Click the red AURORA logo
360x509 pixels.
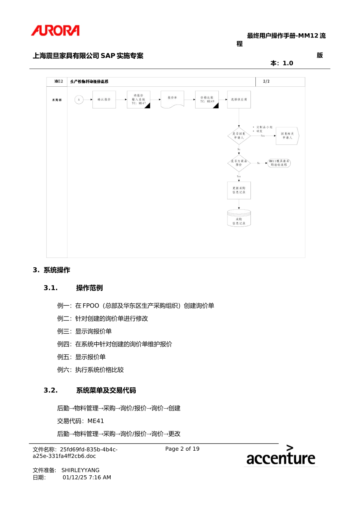(x=55, y=31)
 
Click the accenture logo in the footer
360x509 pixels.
(x=280, y=456)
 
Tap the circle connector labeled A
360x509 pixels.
(x=79, y=100)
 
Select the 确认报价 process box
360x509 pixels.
(x=104, y=100)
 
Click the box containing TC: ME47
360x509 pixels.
(x=139, y=100)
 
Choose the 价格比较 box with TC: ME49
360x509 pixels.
(x=207, y=100)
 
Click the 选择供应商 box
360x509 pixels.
(x=239, y=100)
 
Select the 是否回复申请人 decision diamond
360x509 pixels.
(x=239, y=136)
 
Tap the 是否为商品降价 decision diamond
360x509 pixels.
(x=239, y=163)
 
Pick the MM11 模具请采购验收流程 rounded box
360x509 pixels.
(x=279, y=163)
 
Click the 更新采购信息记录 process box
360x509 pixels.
(x=239, y=190)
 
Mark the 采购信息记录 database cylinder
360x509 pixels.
(x=239, y=219)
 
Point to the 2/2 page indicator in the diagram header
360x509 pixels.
(x=266, y=81)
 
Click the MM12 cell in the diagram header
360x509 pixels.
(x=58, y=81)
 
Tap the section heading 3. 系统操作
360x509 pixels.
(x=52, y=270)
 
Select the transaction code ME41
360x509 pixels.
(x=95, y=421)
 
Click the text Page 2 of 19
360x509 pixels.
(x=182, y=449)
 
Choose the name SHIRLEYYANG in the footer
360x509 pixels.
(x=80, y=470)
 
